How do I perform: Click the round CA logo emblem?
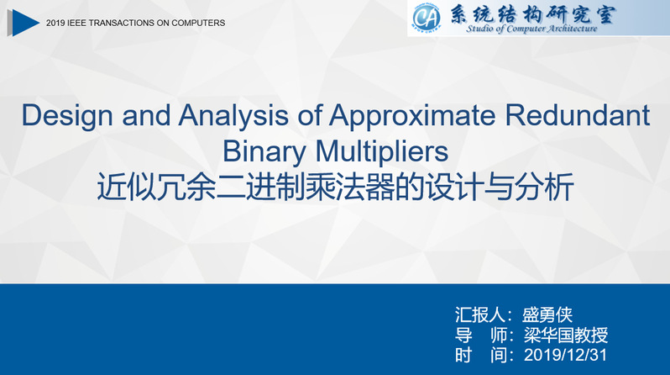[x=426, y=18]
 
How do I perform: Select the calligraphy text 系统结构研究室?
[x=532, y=14]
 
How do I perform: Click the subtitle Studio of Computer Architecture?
[x=531, y=29]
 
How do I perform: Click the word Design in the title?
[x=67, y=115]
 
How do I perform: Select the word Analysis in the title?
[x=233, y=115]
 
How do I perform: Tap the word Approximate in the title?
[x=412, y=115]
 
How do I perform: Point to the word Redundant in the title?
[x=578, y=114]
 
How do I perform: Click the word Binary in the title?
[x=264, y=151]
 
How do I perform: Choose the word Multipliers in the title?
[x=382, y=151]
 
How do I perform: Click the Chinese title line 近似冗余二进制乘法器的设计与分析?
[x=336, y=187]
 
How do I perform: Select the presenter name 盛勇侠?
[x=547, y=314]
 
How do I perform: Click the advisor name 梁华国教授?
[x=566, y=335]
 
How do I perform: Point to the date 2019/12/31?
[x=565, y=355]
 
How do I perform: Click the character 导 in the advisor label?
[x=463, y=335]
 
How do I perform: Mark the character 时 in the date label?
[x=463, y=355]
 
